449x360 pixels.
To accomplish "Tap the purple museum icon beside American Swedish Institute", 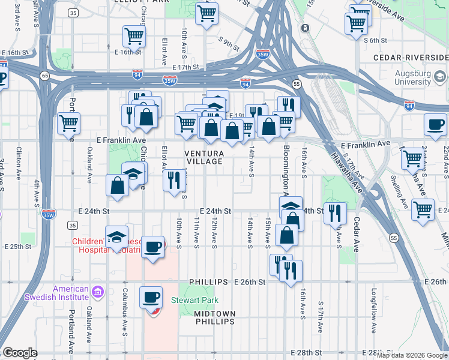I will (98, 293).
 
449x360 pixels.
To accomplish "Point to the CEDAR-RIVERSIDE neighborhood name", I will (410, 57).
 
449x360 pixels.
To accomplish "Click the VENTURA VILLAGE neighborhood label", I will (204, 158).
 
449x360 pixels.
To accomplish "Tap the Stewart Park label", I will (194, 300).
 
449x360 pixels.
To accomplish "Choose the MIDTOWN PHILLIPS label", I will (215, 317).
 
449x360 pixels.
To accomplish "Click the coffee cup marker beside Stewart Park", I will (151, 298).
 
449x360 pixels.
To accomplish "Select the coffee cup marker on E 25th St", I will (153, 246).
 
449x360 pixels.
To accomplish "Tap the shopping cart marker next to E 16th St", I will (134, 35).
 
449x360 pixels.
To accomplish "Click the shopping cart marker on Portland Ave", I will (69, 123).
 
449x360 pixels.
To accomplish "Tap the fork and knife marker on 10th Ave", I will (174, 179).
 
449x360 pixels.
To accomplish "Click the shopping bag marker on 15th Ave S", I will (287, 236).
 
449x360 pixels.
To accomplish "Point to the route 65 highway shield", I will (45, 76).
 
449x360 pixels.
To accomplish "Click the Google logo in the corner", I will (20, 353).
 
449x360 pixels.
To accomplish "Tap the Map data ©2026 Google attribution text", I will (412, 355).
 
